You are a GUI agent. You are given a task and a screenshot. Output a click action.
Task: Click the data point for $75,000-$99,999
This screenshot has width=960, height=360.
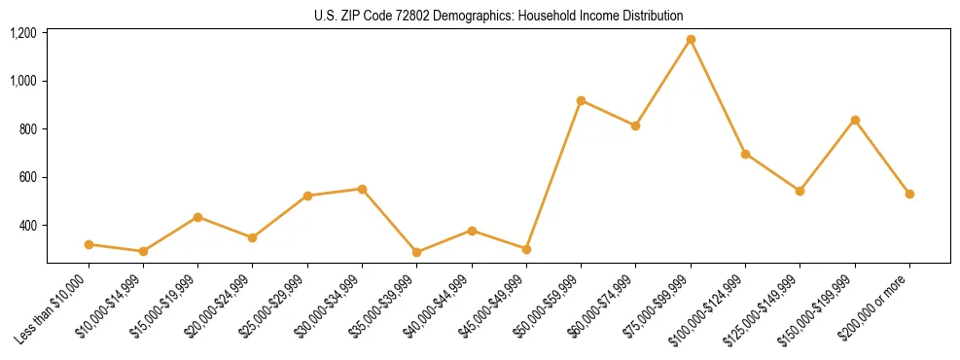point(691,40)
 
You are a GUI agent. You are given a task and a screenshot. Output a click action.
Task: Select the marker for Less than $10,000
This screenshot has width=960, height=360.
point(89,244)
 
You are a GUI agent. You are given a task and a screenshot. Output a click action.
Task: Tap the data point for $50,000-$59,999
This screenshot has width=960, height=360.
point(581,100)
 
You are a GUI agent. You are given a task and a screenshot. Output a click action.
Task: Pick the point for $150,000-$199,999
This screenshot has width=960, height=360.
point(855,120)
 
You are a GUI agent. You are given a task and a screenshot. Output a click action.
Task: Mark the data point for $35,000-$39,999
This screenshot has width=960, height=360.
point(417,252)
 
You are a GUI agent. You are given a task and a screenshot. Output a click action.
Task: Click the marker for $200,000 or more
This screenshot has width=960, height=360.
point(909,194)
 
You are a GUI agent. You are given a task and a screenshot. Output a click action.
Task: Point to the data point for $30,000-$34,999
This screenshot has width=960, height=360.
point(362,189)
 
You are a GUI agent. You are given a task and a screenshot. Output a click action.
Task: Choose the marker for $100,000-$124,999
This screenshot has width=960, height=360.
point(745,154)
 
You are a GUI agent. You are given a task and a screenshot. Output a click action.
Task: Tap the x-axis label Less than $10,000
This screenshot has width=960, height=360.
point(53,307)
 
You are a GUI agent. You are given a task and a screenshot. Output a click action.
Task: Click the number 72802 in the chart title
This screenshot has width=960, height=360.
point(426,16)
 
